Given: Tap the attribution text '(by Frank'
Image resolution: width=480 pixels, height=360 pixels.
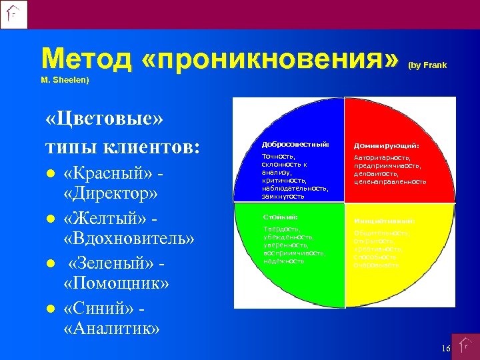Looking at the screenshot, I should click(x=427, y=65).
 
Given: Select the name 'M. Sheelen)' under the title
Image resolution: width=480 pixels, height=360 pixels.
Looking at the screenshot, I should click(x=65, y=81).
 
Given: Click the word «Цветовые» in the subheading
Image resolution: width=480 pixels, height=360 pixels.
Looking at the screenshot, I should click(x=105, y=121).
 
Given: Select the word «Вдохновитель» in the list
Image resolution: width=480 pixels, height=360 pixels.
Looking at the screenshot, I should click(x=129, y=239).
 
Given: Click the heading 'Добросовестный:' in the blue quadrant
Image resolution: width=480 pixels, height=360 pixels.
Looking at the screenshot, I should click(x=286, y=145).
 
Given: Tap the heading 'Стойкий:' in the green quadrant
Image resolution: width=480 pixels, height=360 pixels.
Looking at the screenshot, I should click(x=279, y=217).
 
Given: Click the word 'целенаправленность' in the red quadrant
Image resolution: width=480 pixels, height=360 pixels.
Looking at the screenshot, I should click(x=390, y=181).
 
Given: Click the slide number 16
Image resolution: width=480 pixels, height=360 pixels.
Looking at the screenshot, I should click(x=445, y=349).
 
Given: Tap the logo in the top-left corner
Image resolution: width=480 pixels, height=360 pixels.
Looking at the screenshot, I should click(x=14, y=14).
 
